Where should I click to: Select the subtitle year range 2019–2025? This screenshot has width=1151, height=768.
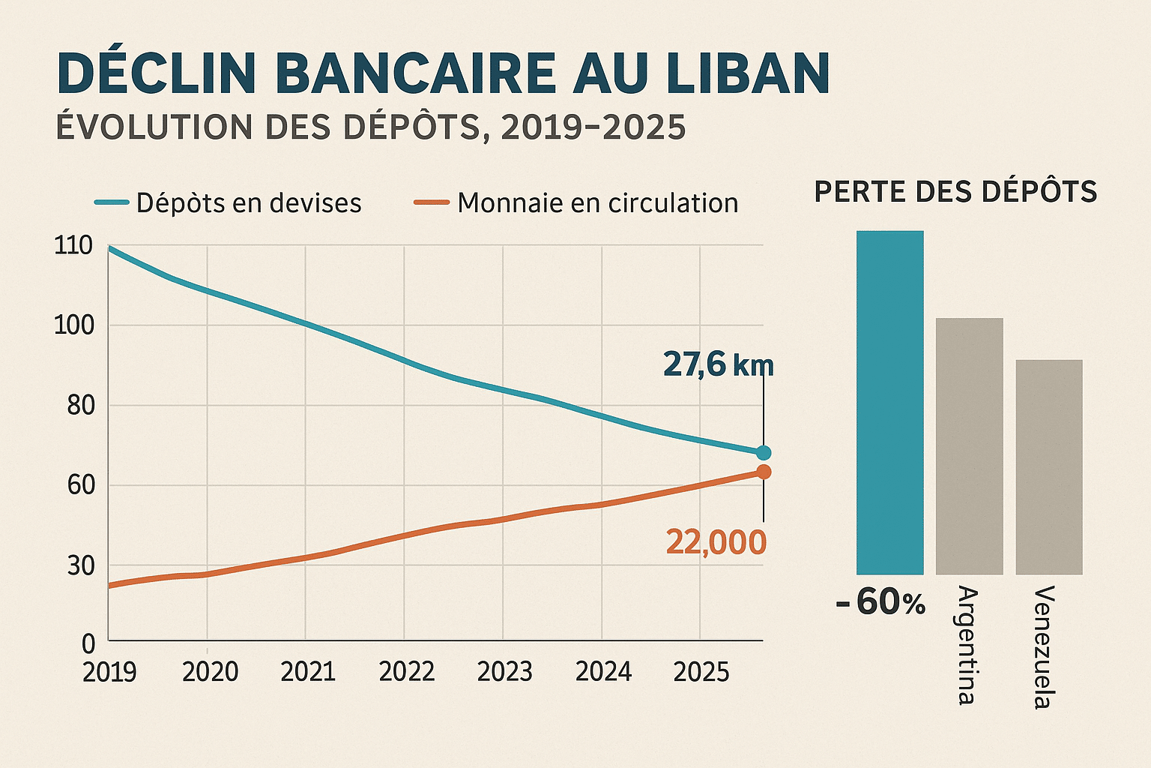pyautogui.click(x=593, y=127)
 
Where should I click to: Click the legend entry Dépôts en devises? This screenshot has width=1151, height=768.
pyautogui.click(x=248, y=203)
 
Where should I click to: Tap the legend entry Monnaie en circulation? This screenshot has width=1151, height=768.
pyautogui.click(x=597, y=203)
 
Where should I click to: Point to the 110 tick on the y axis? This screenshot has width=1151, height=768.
pyautogui.click(x=73, y=245)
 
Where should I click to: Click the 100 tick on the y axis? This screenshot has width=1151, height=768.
pyautogui.click(x=73, y=325)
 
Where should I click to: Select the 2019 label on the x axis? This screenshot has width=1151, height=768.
pyautogui.click(x=109, y=672)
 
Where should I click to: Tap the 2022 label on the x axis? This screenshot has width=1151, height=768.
pyautogui.click(x=406, y=672)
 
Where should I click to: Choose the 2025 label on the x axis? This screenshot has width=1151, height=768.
pyautogui.click(x=701, y=672)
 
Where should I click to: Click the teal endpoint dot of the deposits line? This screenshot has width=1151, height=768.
pyautogui.click(x=764, y=452)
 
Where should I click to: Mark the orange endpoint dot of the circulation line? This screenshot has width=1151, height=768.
pyautogui.click(x=764, y=472)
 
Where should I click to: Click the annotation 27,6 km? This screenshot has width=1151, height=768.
pyautogui.click(x=718, y=365)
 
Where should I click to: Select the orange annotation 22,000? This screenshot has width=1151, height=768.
pyautogui.click(x=716, y=542)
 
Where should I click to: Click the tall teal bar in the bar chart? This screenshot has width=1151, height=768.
pyautogui.click(x=889, y=403)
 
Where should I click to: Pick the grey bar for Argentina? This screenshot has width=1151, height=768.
pyautogui.click(x=969, y=446)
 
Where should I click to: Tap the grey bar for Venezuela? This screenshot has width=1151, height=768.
pyautogui.click(x=1049, y=467)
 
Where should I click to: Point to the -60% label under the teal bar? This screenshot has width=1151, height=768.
pyautogui.click(x=881, y=603)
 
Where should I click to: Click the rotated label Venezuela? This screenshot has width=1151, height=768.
pyautogui.click(x=1042, y=646)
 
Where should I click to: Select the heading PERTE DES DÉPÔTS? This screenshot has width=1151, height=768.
pyautogui.click(x=955, y=192)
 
